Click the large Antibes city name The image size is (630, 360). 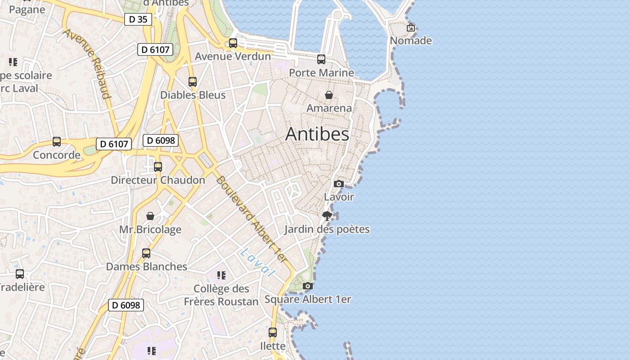pos(317,134)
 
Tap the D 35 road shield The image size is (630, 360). pos(138,19)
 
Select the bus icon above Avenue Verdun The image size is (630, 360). pos(233,43)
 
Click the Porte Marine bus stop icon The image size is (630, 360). pos(321,59)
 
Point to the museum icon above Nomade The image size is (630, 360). pos(411,27)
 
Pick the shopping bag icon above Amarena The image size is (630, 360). pos(329,95)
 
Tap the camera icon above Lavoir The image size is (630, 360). pos(339,184)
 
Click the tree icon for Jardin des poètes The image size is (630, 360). pos(327,216)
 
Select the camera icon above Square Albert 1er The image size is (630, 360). pos(308,286)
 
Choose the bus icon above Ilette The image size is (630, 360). pos(273,333)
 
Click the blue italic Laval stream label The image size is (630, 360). pos(257,262)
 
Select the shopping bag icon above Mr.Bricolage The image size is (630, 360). pos(150,216)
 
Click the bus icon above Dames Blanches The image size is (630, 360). pos(146,253)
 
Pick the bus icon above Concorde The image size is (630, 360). pos(57,142)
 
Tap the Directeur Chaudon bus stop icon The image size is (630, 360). pos(158,167)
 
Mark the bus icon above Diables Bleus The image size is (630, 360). pos(193,82)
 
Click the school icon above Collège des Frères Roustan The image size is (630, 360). pos(221,275)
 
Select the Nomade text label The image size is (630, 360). pos(411,41)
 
